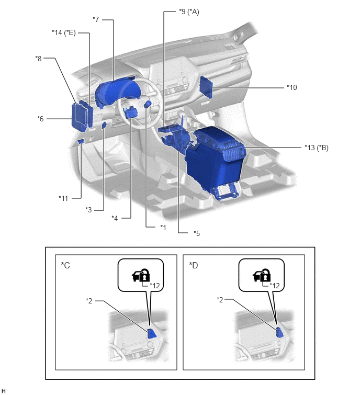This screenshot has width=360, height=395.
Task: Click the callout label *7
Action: click(x=96, y=19)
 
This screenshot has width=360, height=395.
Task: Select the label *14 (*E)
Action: click(x=64, y=33)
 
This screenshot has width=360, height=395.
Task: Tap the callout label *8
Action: click(x=39, y=59)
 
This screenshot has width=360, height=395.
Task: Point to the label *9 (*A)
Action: click(x=189, y=12)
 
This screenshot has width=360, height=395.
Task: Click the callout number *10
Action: click(x=292, y=87)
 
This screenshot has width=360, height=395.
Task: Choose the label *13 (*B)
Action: click(x=317, y=148)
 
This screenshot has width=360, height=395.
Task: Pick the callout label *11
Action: click(x=63, y=198)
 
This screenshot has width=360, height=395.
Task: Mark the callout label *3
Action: click(x=88, y=210)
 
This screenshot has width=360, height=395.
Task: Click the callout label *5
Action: click(x=197, y=233)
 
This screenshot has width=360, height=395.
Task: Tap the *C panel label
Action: click(x=65, y=265)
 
